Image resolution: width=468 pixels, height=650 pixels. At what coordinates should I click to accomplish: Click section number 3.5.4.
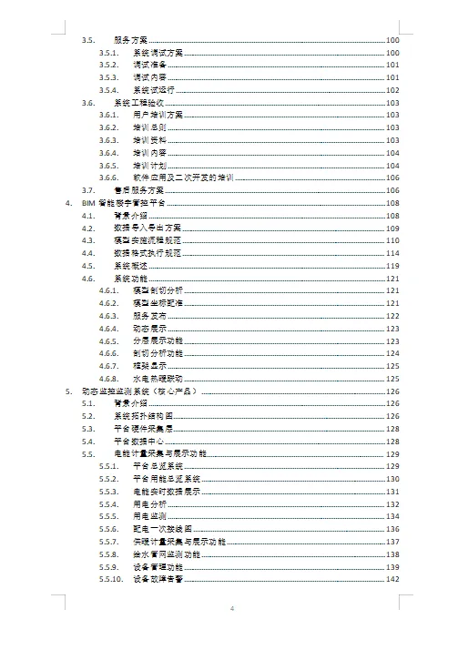point(109,91)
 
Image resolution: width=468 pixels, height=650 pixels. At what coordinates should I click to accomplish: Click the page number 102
point(393,91)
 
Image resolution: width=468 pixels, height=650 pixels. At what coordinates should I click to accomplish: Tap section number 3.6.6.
point(109,178)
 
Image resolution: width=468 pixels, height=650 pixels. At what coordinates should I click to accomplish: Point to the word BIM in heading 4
point(88,204)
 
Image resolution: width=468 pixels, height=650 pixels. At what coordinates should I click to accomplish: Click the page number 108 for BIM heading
point(393,204)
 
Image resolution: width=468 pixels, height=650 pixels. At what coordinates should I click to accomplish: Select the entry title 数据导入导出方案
point(148,228)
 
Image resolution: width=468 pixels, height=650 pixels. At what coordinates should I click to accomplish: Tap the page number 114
point(393,253)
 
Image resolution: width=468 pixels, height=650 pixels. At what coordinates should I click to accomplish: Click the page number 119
point(393,265)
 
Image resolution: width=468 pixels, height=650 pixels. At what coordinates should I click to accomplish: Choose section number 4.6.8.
point(109,378)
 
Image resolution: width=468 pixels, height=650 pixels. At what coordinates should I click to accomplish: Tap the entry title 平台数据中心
point(138,440)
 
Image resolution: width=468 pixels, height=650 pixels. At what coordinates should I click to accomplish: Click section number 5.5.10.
point(111,579)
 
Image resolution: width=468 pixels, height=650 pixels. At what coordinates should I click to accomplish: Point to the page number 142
point(393,579)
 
